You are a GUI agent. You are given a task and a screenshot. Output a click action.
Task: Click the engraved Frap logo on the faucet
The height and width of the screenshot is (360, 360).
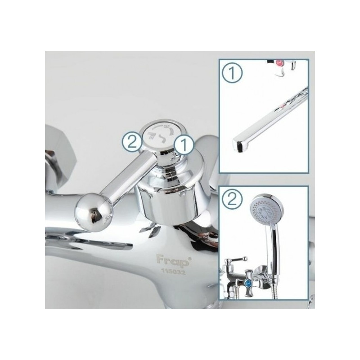(x=172, y=261)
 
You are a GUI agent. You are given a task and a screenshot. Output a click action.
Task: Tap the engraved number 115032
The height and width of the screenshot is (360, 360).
(x=173, y=272)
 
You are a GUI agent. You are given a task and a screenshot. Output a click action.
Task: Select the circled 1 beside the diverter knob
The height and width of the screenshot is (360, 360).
(x=184, y=145)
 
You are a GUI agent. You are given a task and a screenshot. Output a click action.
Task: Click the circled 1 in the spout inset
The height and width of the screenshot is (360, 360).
(x=232, y=73)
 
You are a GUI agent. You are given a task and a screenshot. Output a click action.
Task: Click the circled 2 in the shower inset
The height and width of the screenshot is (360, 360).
(x=232, y=199)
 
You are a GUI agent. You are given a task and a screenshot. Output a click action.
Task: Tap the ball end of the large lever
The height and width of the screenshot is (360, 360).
(x=94, y=211)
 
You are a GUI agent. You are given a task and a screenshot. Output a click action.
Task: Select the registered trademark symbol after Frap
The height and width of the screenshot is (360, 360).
(x=189, y=258)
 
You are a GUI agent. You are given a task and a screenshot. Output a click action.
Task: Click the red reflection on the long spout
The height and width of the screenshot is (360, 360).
(x=283, y=106)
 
